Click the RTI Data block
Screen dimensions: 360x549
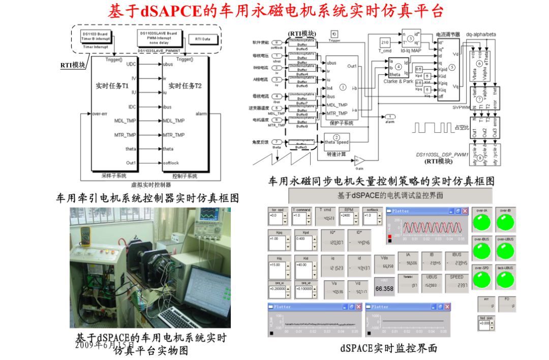click(199, 39)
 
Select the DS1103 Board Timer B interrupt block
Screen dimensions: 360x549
click(96, 37)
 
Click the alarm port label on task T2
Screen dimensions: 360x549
click(200, 114)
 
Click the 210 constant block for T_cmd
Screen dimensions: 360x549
click(385, 42)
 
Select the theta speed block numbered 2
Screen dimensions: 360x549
click(337, 140)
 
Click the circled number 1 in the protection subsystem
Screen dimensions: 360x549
click(343, 87)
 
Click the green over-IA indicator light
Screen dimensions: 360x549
click(482, 222)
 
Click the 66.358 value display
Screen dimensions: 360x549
click(384, 288)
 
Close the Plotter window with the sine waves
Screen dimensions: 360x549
click(465, 211)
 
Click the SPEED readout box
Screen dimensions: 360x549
click(456, 283)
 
